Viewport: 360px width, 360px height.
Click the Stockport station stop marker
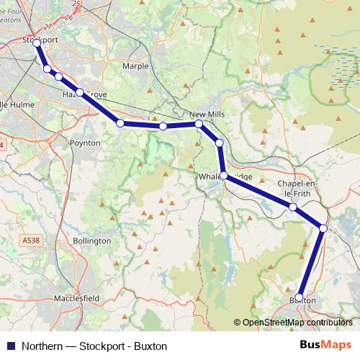coord(37,43)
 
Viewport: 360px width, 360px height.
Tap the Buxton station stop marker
coord(300,297)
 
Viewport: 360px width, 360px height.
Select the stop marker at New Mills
coord(199,124)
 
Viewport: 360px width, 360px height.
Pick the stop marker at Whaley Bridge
coord(224,176)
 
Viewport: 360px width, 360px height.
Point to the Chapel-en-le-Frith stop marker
coord(293,207)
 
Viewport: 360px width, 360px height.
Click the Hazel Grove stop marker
coord(80,92)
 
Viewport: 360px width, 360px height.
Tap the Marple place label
coord(135,66)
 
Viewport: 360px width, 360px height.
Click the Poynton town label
coord(85,143)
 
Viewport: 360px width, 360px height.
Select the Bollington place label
coord(92,240)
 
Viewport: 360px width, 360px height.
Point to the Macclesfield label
coord(77,297)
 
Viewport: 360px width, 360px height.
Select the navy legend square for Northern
coord(10,346)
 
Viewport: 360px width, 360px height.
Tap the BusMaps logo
coord(325,346)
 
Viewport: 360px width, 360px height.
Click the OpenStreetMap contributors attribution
coord(297,323)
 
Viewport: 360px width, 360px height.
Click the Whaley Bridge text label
coord(224,176)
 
